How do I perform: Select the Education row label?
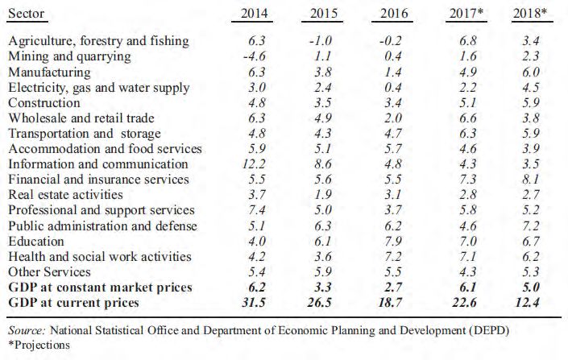pyautogui.click(x=36, y=241)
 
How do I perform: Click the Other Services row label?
pyautogui.click(x=48, y=272)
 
